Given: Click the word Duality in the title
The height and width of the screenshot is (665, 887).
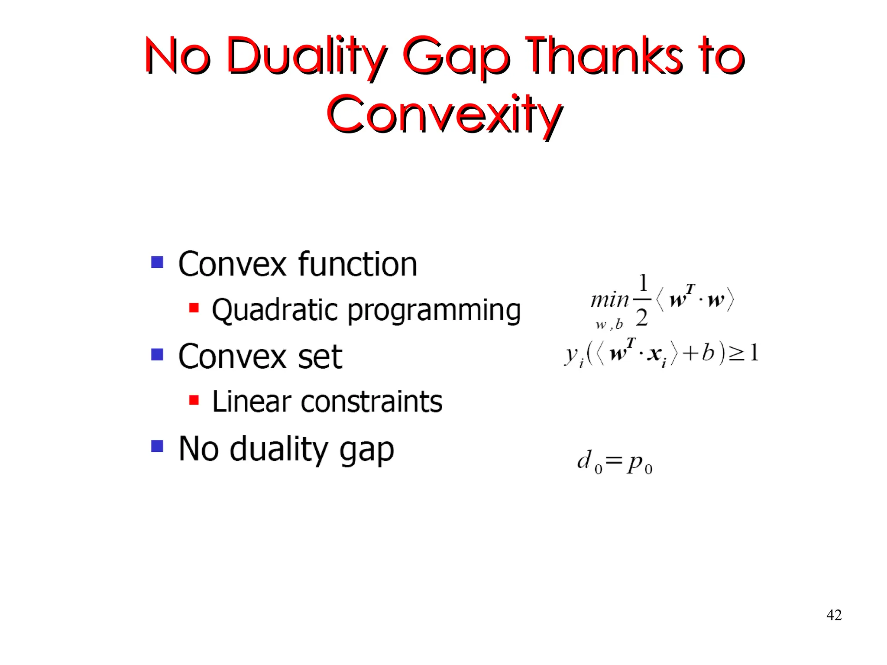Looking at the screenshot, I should point(306,56).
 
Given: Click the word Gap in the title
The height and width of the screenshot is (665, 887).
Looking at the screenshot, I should point(456,56).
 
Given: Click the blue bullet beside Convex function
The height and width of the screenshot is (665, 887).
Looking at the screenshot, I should point(157,262).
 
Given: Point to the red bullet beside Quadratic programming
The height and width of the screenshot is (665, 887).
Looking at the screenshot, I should point(194,308).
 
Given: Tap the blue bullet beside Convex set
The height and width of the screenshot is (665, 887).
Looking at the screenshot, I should point(157,354).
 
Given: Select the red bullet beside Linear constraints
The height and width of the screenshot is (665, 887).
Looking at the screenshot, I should point(194,400).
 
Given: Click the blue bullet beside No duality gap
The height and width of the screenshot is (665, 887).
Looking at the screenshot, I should point(157,446).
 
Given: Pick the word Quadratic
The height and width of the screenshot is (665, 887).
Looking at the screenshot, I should point(275,310).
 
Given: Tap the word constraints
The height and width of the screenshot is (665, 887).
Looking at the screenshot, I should point(371,402).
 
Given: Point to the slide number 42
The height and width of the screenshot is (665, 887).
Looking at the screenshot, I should point(834,615).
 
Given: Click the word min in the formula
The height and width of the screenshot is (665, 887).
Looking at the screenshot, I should point(609,300).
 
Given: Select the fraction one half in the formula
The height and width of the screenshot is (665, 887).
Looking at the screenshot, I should point(642,300).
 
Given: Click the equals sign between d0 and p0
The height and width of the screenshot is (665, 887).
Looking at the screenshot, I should point(614,460).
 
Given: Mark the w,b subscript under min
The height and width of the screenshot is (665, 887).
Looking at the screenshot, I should point(609,324).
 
